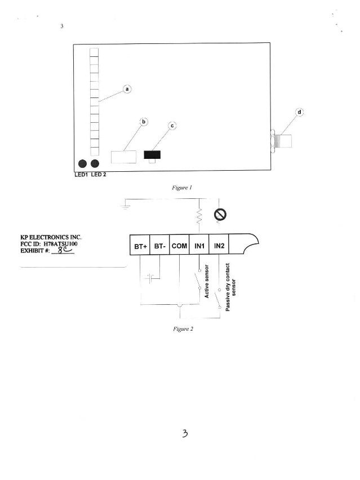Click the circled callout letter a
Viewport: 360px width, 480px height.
(127, 89)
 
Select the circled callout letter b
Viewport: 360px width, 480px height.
(144, 122)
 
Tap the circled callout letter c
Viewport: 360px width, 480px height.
(172, 126)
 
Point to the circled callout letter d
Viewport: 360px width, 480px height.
(299, 112)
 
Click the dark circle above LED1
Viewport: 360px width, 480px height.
(83, 164)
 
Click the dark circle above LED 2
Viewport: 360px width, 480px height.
(95, 164)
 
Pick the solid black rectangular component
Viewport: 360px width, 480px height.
(152, 154)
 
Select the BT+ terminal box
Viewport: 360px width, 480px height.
(140, 245)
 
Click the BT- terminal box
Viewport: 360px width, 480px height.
(159, 245)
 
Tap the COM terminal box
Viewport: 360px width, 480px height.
(179, 245)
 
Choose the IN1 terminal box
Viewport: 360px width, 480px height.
(199, 245)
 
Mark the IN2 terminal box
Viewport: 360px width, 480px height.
(219, 245)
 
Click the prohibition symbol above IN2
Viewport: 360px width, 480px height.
(220, 215)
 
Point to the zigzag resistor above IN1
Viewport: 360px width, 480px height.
(199, 216)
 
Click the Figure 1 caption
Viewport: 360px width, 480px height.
(182, 188)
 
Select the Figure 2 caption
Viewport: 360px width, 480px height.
(183, 329)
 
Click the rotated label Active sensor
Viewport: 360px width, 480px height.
(207, 281)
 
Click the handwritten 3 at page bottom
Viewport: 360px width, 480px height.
(185, 433)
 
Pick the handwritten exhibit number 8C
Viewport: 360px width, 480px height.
(65, 250)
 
